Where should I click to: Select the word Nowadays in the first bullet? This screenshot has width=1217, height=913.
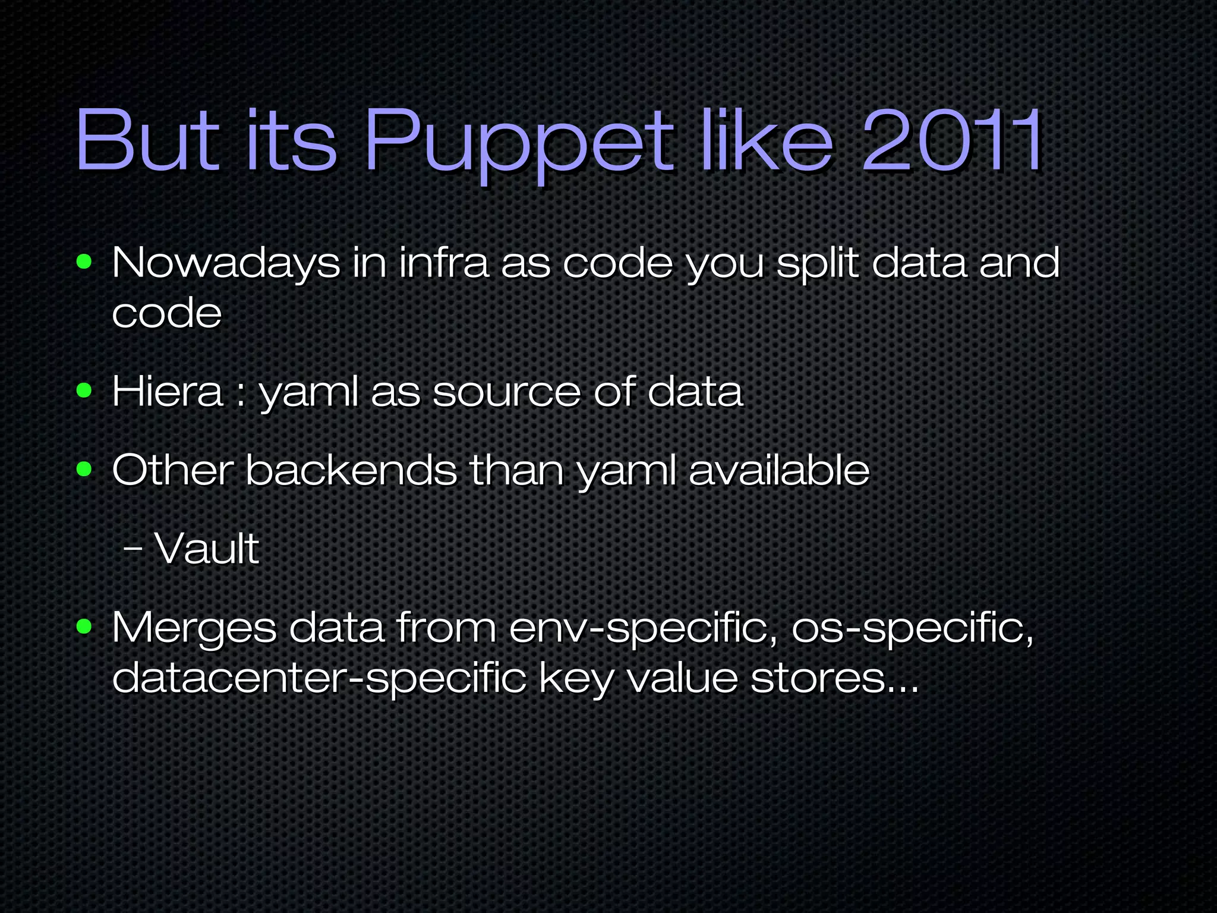tap(226, 263)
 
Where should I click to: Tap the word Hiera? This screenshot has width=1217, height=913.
tap(167, 392)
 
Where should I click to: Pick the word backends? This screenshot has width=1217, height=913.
tap(351, 470)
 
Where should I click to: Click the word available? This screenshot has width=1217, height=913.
tap(779, 470)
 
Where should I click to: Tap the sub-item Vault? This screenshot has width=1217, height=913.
tap(207, 548)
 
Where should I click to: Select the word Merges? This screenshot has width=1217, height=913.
tap(194, 629)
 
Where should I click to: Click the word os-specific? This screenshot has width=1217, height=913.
tap(912, 629)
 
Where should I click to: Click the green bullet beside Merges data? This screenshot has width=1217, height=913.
tap(84, 626)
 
